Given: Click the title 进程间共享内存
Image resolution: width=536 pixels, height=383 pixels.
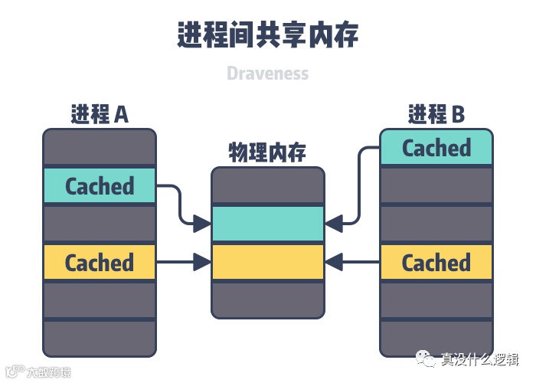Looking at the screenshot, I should point(268,34).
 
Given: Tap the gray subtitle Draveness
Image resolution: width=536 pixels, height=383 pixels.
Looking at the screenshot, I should point(268,74).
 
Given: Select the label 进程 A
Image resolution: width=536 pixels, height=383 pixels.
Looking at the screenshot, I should point(100,114).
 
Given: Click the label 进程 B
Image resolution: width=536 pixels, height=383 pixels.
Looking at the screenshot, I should point(436,114).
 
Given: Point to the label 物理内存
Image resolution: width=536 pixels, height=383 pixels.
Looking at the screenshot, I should point(268,152).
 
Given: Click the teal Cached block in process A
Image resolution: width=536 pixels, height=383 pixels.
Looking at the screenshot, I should point(100,186).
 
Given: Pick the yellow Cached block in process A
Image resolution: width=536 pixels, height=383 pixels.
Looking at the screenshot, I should point(100,263).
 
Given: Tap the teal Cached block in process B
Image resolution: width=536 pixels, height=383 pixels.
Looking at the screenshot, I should point(436,148).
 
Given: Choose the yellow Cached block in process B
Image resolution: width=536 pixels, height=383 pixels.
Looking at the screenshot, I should point(436,263).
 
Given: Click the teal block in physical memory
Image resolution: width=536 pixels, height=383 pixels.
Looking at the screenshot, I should point(268,224).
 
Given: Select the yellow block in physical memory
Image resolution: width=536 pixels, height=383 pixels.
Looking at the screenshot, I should point(268,262).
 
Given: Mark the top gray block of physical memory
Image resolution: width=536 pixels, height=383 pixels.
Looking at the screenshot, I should point(268,186).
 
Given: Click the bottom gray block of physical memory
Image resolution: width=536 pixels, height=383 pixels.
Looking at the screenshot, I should point(268,300).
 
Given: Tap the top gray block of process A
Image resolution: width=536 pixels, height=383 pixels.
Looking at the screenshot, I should point(100,146).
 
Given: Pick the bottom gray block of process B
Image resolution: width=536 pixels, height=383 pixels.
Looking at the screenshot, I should point(436,339).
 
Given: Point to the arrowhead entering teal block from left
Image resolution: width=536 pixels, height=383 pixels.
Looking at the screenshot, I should point(202,224).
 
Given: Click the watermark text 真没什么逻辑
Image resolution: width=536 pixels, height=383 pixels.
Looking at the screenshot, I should point(479,359).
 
